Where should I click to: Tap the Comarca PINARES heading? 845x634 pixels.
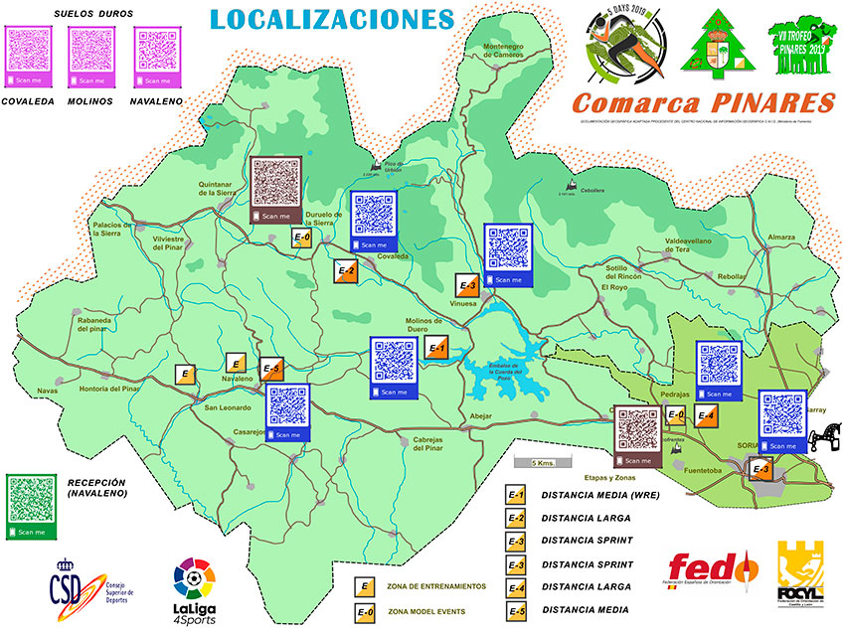[703, 102]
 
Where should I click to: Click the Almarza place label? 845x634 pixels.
[781, 237]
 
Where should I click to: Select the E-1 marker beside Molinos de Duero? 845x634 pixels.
[435, 348]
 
